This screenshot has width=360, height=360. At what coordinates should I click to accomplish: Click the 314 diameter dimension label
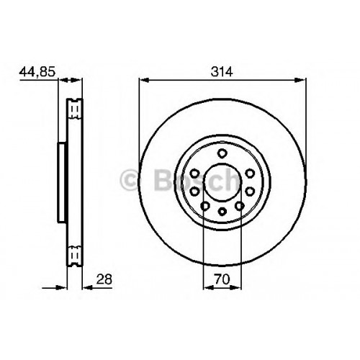point(222,71)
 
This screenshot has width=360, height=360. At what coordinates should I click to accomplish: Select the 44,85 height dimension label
point(37,72)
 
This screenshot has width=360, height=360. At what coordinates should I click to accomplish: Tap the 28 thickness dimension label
point(104,279)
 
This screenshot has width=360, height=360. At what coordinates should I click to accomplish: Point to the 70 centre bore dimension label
point(222,279)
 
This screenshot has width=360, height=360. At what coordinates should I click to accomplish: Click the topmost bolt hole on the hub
point(222,153)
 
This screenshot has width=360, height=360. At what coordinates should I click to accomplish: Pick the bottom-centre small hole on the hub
point(222,212)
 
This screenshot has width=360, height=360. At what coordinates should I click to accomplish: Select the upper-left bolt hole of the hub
point(194,173)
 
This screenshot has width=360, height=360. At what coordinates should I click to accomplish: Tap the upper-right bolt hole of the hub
point(250,173)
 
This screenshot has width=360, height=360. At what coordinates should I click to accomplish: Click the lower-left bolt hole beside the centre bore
point(194,192)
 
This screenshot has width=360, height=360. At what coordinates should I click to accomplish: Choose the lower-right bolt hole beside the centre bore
point(250,192)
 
